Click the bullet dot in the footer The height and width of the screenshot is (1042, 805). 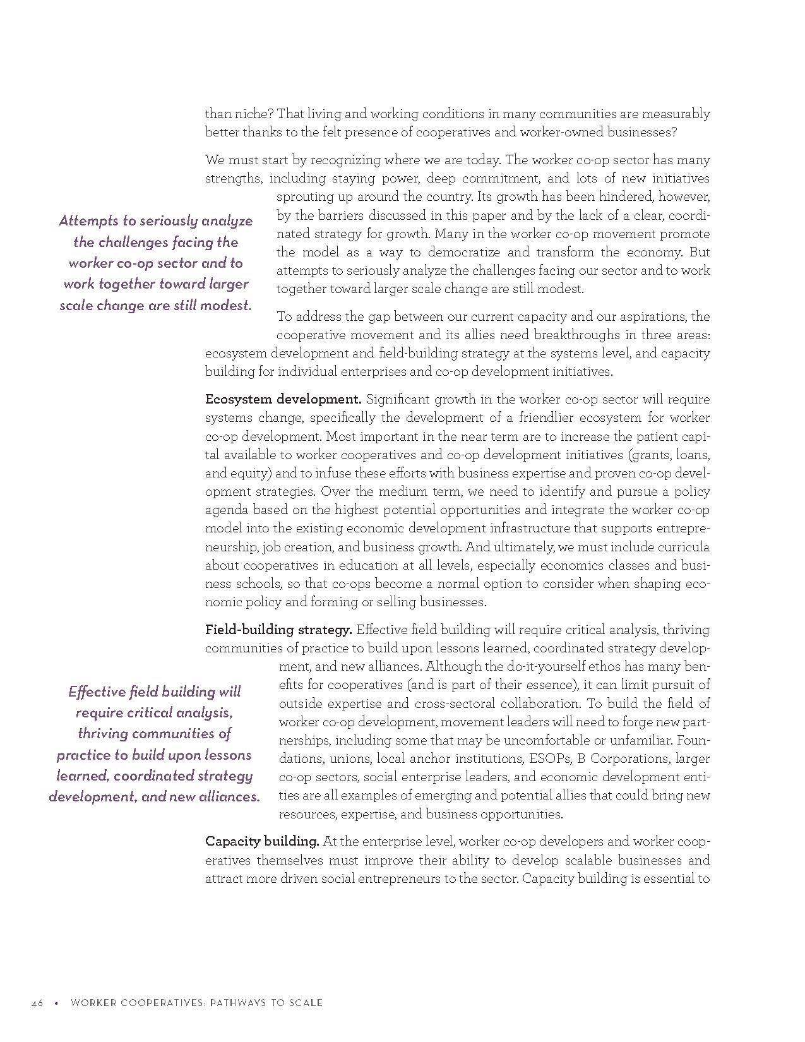(56, 1002)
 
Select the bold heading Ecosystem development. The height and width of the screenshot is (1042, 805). (283, 399)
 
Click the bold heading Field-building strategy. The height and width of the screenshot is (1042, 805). (278, 630)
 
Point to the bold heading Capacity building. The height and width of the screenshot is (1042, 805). (262, 841)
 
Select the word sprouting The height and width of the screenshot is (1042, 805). (304, 197)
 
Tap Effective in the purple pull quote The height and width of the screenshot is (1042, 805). (96, 692)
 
